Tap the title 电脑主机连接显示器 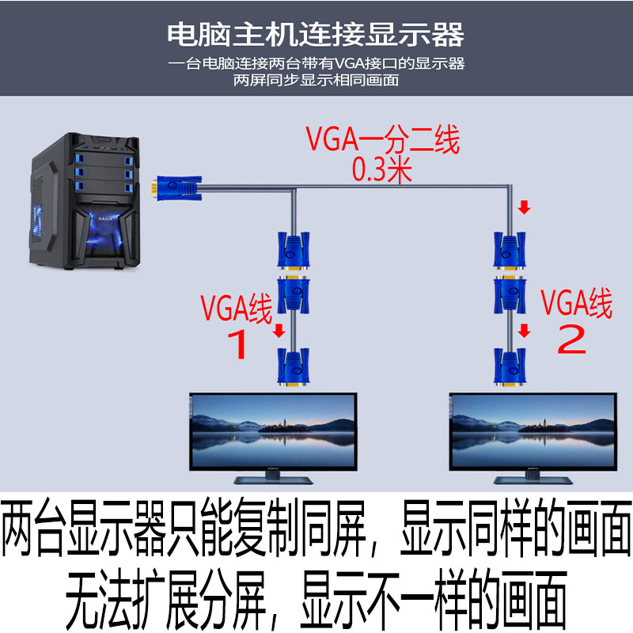pos(316,34)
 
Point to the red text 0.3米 pos(382,169)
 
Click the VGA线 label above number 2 pos(576,303)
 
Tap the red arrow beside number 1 pos(279,328)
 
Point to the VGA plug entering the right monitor pos(509,367)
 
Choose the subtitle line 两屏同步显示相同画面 pos(316,80)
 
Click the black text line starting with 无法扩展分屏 pos(316,595)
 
